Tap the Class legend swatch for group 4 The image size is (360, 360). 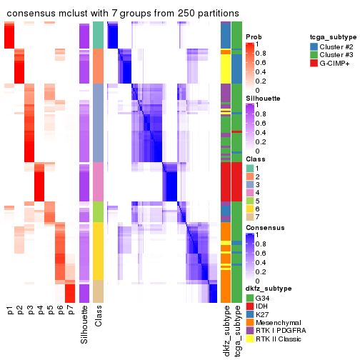pyautogui.click(x=250, y=194)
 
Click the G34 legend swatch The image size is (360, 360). pyautogui.click(x=250, y=296)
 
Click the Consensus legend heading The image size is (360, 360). pyautogui.click(x=266, y=227)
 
